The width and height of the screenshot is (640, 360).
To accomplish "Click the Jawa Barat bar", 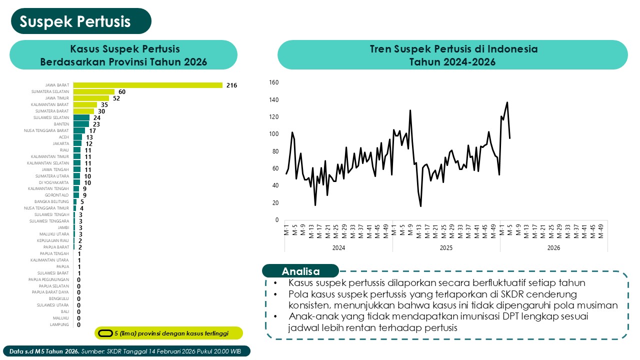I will (147, 85).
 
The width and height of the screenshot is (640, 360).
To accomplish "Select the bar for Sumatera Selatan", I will (94, 92).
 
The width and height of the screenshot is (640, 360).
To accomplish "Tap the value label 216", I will (231, 85).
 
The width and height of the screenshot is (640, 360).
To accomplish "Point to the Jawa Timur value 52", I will (116, 98).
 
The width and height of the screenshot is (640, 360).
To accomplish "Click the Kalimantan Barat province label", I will (50, 105).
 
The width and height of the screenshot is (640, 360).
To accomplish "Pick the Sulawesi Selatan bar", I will (81, 118).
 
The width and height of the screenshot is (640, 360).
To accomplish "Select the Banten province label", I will (61, 124).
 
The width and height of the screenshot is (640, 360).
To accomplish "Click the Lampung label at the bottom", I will (59, 325).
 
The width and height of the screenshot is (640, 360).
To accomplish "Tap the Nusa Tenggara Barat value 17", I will (92, 130).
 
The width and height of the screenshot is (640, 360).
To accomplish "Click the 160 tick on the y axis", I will (273, 82).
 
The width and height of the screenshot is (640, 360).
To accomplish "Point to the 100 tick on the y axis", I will (273, 134).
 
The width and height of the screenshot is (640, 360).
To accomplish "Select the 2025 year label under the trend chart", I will (446, 247).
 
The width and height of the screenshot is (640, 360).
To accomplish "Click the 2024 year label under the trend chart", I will (338, 247).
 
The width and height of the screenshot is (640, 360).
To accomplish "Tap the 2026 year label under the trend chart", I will (553, 247).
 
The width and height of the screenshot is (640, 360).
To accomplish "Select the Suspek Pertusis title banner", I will (75, 21).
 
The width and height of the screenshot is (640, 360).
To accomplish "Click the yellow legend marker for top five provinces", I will (105, 333).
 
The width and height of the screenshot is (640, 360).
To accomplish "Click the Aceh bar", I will (77, 137).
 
